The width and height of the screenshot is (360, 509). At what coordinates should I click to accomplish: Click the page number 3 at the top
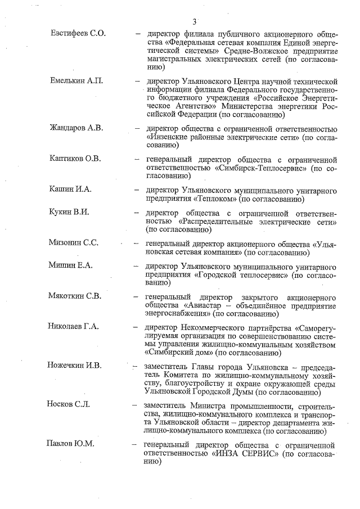tap(194, 22)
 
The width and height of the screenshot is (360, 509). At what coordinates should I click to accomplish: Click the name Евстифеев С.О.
tap(78, 33)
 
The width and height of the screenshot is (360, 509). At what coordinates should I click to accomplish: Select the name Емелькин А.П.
tap(77, 81)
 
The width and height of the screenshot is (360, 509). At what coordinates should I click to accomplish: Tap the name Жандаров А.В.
tap(77, 128)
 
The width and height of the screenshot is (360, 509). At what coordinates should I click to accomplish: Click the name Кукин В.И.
tap(70, 212)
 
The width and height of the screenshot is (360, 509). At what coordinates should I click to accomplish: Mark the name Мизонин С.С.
tap(74, 243)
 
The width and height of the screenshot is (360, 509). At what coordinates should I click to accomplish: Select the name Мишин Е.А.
tap(70, 265)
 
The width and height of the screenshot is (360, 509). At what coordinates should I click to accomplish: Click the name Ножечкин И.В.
tap(74, 366)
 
